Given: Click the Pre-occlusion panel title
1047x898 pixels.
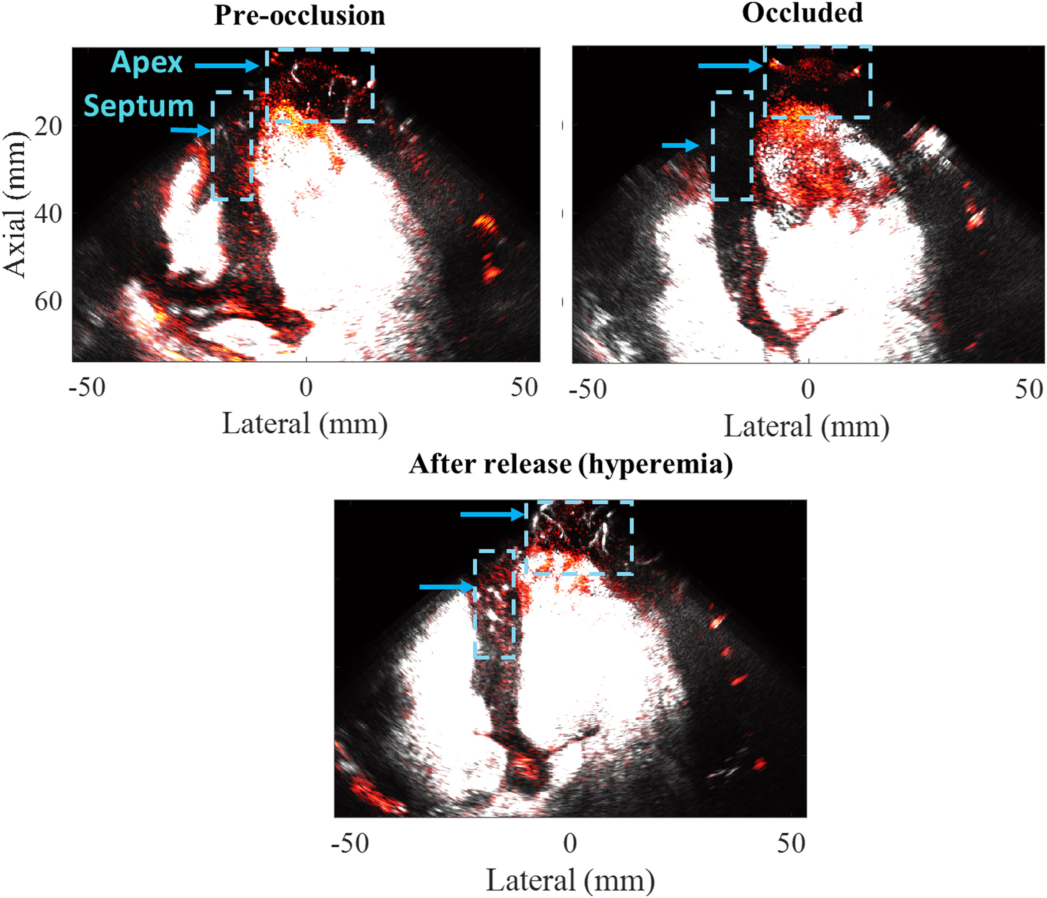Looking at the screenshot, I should pos(299,15).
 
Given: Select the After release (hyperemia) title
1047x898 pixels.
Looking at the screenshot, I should pos(570,463).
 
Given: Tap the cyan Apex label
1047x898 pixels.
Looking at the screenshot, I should pos(147,63).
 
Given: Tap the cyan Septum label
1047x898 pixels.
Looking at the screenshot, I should pos(139,106).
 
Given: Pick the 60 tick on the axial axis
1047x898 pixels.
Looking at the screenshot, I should pos(48,302).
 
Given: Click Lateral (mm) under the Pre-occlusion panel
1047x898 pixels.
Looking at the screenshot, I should pos(305,424).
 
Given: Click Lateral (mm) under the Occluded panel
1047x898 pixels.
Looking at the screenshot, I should pos(807,426).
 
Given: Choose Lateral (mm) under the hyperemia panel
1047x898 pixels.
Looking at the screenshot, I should pos(570,880).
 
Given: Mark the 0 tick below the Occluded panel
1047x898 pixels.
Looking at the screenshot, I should pos(808,389).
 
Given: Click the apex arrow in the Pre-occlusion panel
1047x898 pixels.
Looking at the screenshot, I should pos(227,65).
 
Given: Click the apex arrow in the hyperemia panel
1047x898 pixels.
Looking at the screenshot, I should pos(493,515).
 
